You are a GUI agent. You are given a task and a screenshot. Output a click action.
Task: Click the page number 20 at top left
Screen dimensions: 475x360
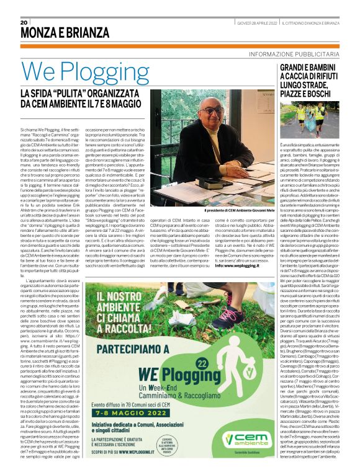click(25, 22)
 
